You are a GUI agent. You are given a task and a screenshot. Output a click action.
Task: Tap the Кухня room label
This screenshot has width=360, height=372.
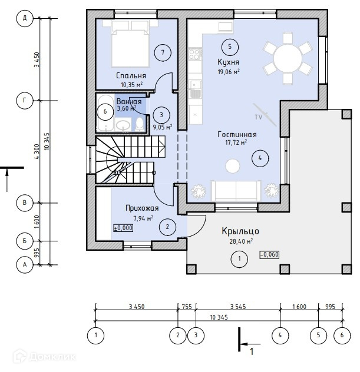point(228,62)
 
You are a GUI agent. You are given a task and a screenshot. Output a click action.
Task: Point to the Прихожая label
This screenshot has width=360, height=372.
point(143,208)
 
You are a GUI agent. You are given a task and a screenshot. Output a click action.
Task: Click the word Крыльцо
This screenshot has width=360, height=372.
point(240,231)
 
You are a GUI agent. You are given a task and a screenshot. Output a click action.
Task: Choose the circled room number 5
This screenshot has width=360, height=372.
point(229,46)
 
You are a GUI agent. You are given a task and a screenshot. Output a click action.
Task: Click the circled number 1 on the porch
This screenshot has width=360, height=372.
point(239,258)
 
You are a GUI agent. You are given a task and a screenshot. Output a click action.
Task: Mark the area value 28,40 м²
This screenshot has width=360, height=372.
point(240,241)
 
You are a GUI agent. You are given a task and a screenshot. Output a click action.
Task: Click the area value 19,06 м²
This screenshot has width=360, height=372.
point(229,72)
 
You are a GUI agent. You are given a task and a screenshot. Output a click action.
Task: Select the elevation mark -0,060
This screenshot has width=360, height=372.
point(268,255)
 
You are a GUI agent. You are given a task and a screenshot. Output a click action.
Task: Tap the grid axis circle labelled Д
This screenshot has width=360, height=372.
point(25,19)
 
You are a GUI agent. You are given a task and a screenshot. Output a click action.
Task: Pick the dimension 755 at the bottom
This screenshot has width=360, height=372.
point(187,307)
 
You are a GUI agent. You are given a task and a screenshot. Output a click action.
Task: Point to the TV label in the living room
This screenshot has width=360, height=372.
point(258,118)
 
